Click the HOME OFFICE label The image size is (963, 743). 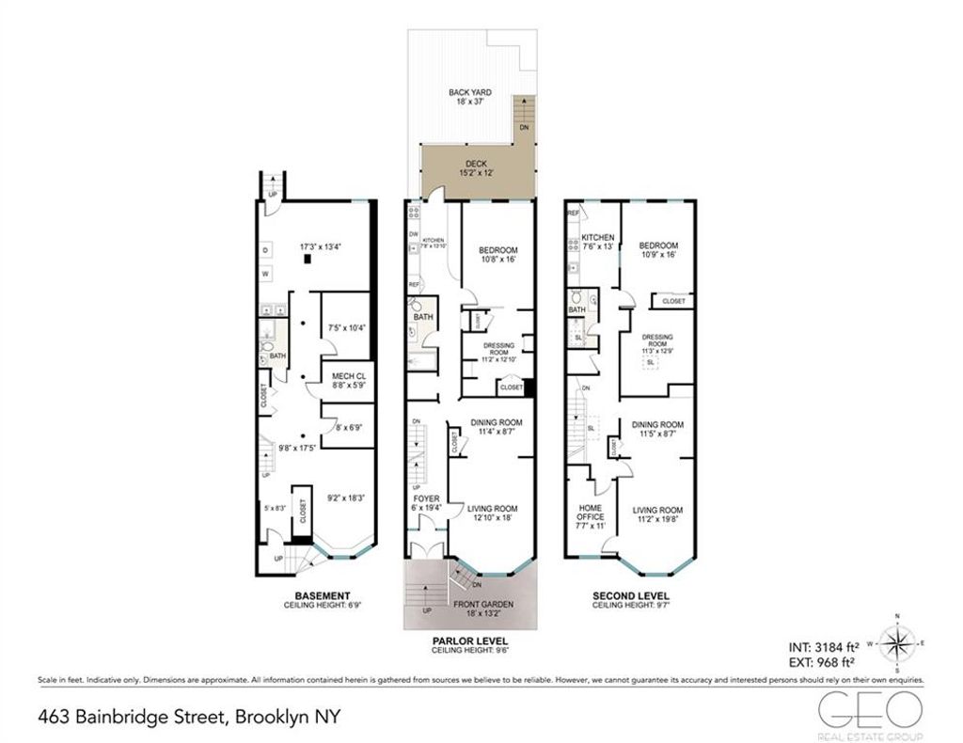tap(590, 512)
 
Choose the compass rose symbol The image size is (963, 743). tap(900, 644)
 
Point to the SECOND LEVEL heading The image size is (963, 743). tap(630, 596)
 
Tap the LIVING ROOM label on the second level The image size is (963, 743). tap(657, 510)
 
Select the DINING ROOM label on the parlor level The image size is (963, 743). tap(492, 424)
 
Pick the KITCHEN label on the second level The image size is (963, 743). tap(597, 238)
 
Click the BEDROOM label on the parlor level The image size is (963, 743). tap(497, 249)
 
